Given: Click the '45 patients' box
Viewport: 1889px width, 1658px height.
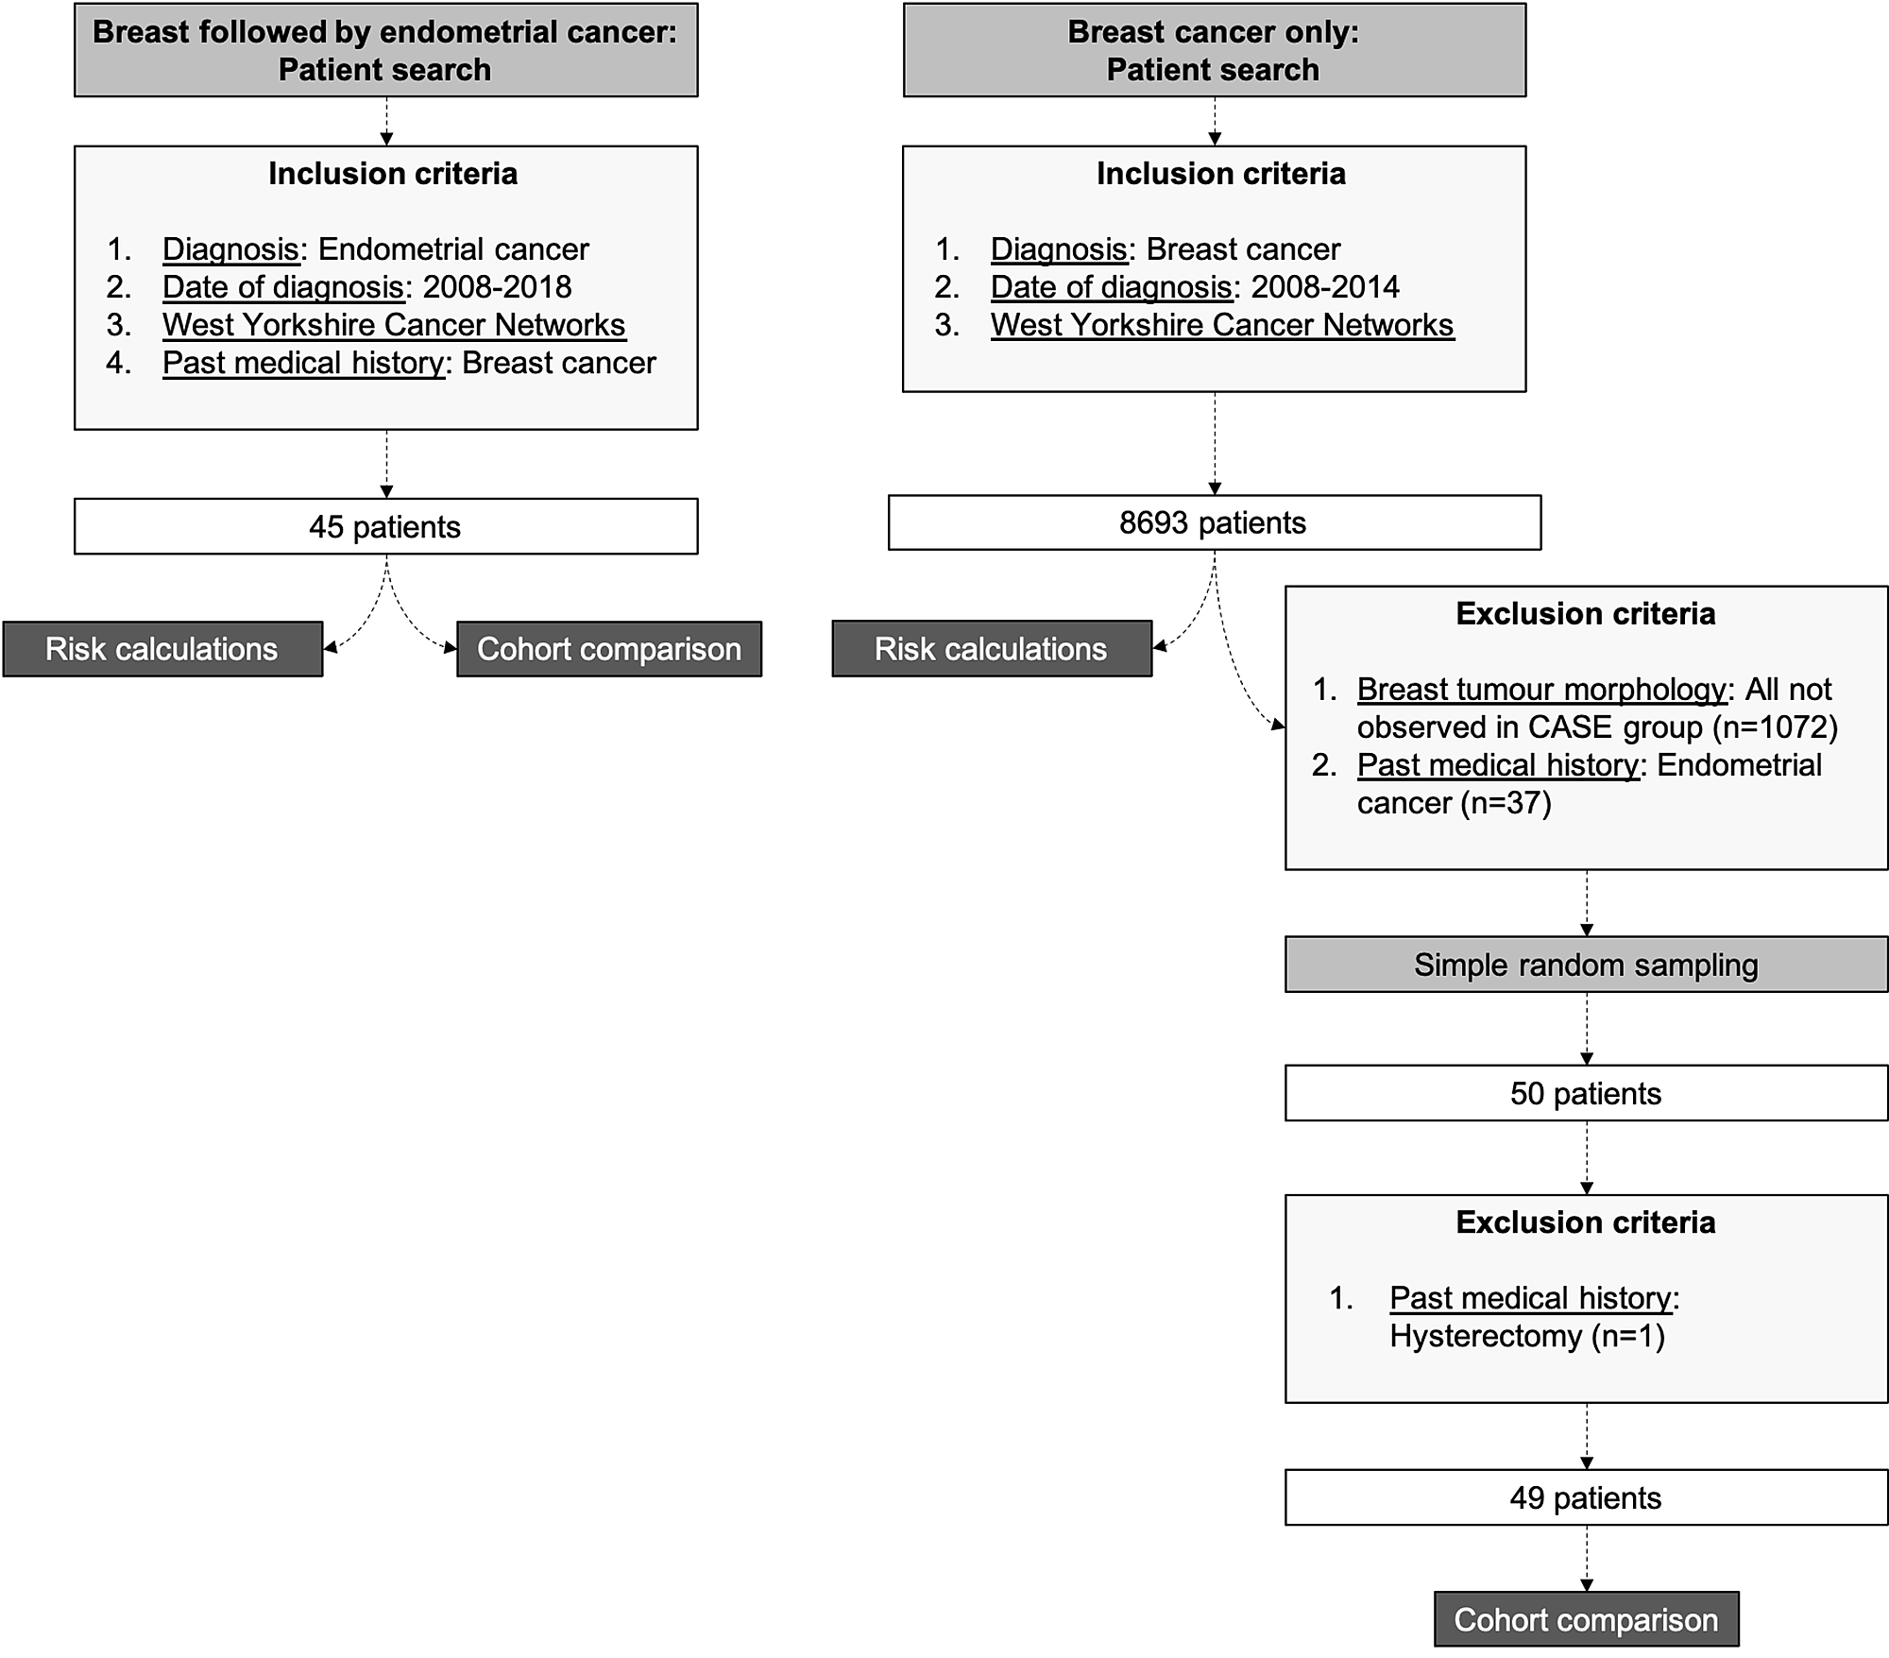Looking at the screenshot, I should pos(385,526).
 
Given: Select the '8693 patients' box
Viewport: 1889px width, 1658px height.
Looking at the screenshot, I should pos(1214,522).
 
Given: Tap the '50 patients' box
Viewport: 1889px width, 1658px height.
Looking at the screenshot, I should pos(1586,1093).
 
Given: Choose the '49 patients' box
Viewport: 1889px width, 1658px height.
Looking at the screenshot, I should pos(1586,1497).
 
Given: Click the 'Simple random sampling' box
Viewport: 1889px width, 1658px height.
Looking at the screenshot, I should pos(1586,965).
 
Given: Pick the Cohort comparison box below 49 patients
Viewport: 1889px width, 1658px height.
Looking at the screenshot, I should pos(1586,1619).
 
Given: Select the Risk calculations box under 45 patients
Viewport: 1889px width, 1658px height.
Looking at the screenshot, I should pos(162,649).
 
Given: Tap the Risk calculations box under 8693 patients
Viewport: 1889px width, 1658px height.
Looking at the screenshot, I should pos(991,649).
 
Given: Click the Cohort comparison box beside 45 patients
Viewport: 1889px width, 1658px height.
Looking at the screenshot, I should pos(609,649).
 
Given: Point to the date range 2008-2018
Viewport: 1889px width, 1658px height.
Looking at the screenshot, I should pos(497,287).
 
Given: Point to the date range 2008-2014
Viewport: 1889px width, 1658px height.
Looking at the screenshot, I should pos(1325,287).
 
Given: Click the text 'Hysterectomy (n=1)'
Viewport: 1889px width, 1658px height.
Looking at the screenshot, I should pos(1527,1336).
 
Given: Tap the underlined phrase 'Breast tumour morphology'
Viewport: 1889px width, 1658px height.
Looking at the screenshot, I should pos(1541,690).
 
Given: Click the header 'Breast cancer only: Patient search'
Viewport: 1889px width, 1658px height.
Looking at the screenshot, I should pos(1214,50).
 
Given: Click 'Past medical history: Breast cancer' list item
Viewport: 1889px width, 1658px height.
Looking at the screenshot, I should pos(409,363).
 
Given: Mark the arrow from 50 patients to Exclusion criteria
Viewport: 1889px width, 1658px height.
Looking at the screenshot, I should pos(1587,1157).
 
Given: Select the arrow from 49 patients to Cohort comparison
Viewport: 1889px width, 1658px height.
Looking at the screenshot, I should pos(1587,1558).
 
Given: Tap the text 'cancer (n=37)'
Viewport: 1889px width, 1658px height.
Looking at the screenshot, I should pos(1455,803).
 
